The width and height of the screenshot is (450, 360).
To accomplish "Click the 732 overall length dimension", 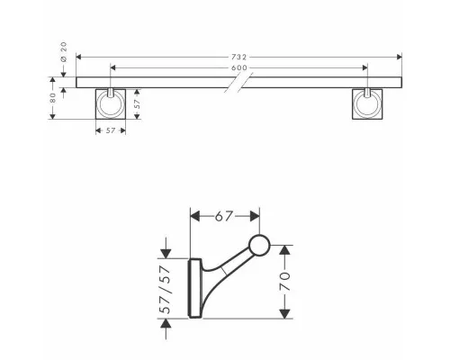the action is [238, 57].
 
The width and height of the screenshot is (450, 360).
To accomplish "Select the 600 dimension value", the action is [239, 67].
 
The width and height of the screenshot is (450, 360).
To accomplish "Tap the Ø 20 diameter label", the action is [64, 52].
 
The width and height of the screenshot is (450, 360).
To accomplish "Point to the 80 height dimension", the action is [53, 98].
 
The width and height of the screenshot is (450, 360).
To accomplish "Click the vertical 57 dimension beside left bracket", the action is [137, 103].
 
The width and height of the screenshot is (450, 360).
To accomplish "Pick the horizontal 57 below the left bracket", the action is [111, 130].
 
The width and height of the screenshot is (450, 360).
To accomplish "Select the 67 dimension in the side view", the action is [224, 216].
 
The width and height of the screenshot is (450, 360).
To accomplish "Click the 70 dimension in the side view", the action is [285, 282].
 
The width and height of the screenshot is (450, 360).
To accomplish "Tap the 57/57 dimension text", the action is [166, 290].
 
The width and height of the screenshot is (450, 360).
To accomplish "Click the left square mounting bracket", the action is [111, 103].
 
